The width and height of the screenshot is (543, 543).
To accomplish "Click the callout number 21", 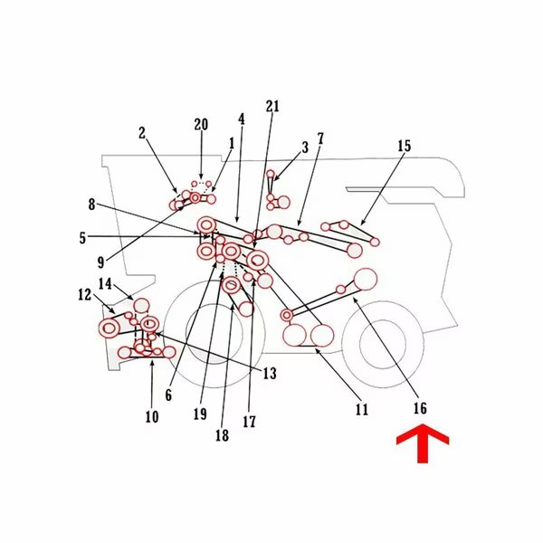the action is (x=272, y=106).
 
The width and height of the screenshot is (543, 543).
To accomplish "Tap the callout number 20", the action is (x=201, y=124).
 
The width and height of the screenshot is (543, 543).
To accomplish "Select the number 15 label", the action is (x=404, y=146).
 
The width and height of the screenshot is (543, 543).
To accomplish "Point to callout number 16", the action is (x=420, y=408).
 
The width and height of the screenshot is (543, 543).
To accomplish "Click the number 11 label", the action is (x=361, y=410).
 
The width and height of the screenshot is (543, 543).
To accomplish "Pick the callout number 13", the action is (x=270, y=373).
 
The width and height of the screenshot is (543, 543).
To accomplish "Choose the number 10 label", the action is (x=152, y=416).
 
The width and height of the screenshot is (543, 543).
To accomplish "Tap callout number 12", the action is (x=85, y=295).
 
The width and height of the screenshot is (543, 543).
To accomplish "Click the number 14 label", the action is (x=105, y=283).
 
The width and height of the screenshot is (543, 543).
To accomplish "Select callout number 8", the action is (x=91, y=205).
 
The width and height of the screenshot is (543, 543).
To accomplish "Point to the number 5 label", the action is (x=82, y=238).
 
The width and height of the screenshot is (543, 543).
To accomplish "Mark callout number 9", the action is (x=100, y=262).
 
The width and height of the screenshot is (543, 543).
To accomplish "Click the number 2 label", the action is (x=142, y=133).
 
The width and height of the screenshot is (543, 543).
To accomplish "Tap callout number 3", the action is (x=305, y=148).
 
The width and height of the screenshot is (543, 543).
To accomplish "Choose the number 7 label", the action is (x=320, y=138).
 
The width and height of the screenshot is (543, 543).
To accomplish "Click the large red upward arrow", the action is (x=423, y=443).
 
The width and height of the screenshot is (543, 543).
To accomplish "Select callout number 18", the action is (x=222, y=435).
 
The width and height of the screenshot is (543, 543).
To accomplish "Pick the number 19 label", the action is (x=200, y=414).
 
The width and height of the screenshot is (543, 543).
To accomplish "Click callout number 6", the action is (x=168, y=395).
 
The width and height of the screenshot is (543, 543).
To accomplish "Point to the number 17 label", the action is (x=249, y=422).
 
